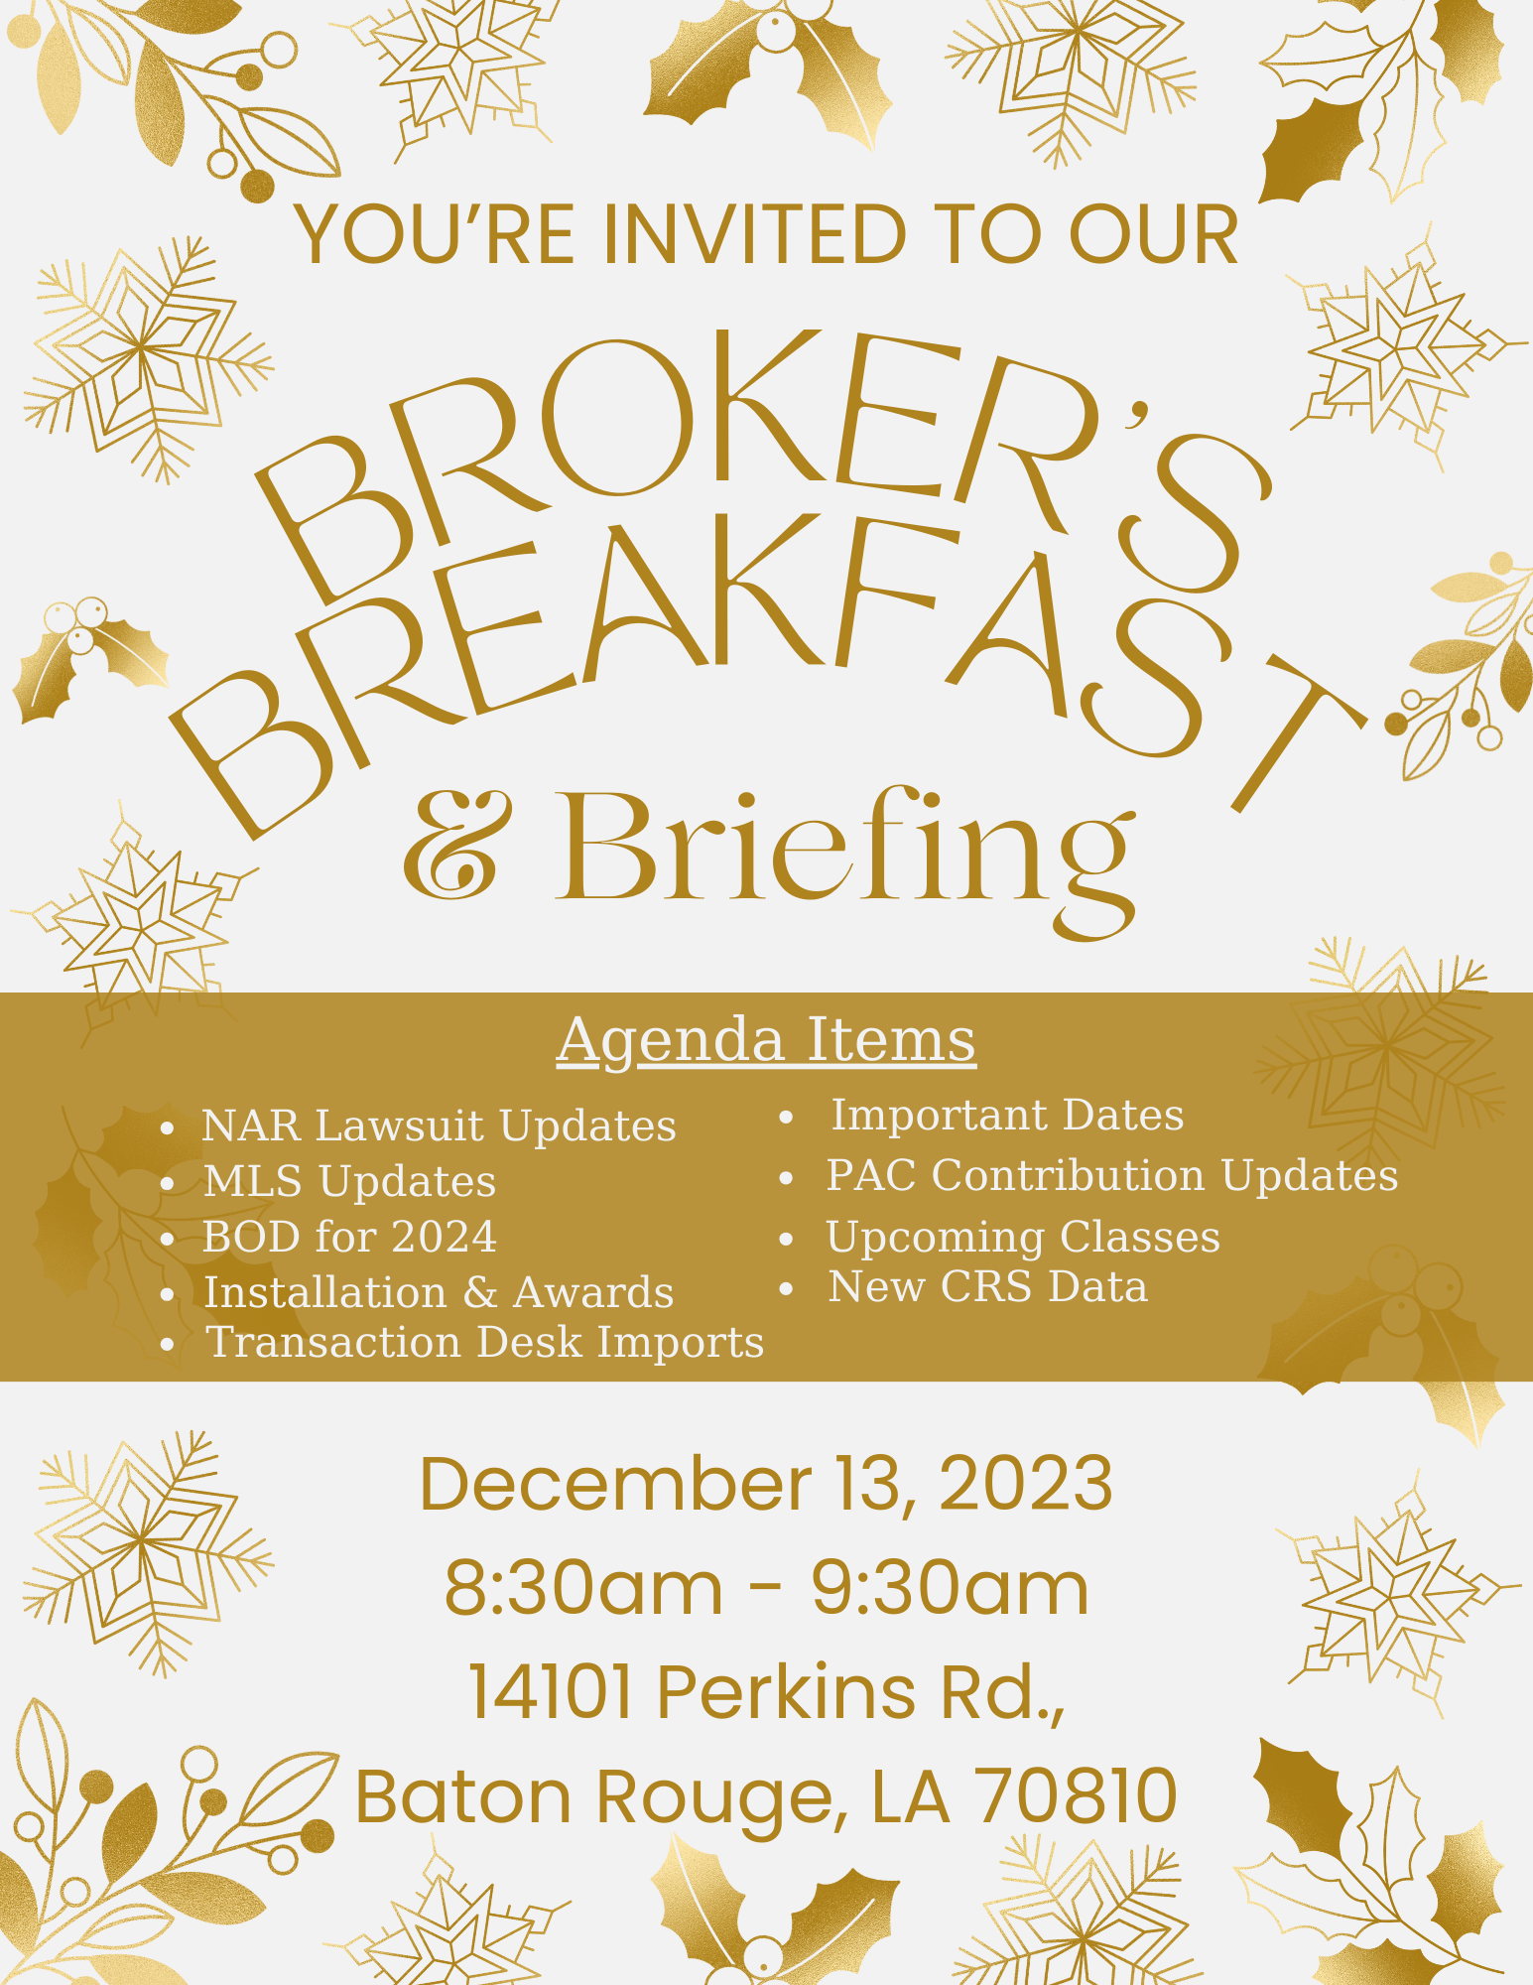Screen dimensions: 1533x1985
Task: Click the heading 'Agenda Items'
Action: pos(766,1040)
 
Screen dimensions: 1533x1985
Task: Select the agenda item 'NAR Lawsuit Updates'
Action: pos(439,1126)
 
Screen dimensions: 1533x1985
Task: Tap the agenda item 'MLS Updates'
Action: pos(349,1182)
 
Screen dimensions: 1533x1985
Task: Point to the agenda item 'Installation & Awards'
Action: pos(439,1293)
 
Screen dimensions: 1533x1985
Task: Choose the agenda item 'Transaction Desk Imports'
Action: pos(484,1343)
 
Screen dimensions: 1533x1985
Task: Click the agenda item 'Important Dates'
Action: pos(1007,1116)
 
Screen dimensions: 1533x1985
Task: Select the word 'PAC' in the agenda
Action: pos(873,1176)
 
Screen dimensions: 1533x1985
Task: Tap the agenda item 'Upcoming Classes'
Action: pos(1023,1238)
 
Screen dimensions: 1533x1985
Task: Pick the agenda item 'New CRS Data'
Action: pos(987,1287)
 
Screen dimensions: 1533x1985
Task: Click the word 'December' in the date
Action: pos(616,1485)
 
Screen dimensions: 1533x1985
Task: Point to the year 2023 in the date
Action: pos(1026,1486)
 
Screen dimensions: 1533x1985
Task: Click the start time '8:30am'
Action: pos(583,1589)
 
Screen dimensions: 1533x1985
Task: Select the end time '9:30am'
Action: pos(950,1589)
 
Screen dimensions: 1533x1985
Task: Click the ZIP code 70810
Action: pos(1076,1797)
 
